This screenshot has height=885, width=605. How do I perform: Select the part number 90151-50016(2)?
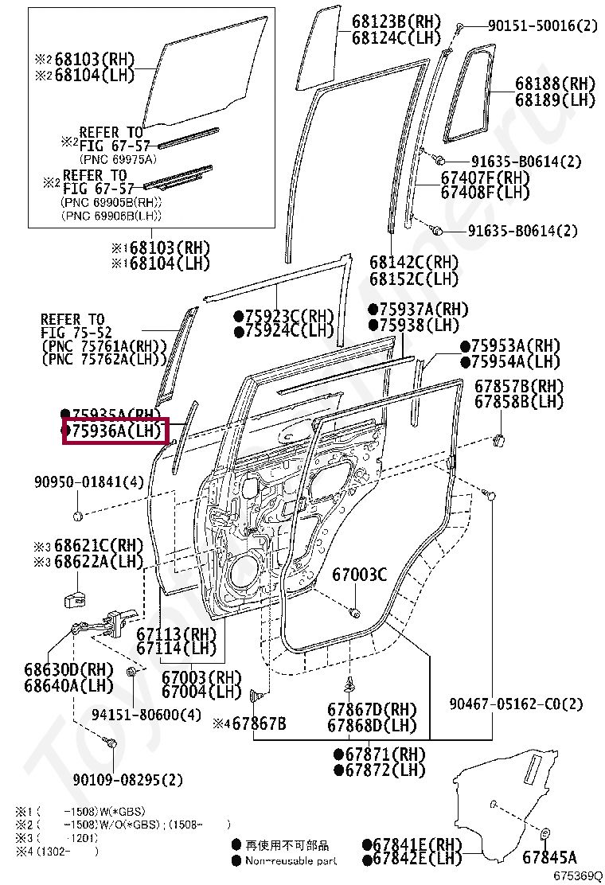542,26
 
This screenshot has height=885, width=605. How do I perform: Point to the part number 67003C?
359,575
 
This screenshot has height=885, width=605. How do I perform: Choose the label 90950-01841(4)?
88,482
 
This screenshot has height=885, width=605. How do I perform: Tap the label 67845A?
550,857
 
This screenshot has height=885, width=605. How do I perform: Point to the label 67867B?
256,723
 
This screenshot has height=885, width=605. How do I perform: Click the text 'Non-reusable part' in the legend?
291,860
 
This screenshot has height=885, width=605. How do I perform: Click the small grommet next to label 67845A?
547,833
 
